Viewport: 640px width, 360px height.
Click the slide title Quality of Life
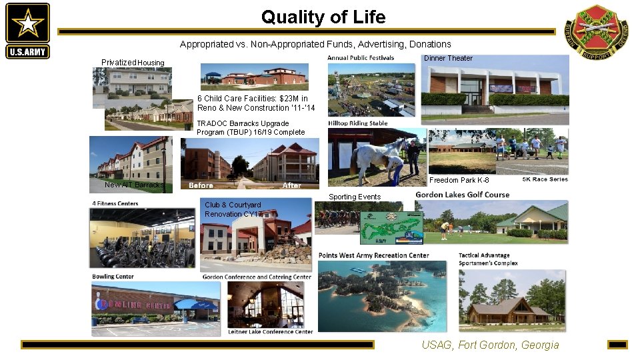323,17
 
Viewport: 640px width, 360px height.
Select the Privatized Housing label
133,63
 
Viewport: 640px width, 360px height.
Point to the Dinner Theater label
448,58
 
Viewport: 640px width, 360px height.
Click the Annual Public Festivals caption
361,58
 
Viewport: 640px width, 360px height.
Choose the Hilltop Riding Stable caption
358,123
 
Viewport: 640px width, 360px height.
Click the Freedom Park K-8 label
459,180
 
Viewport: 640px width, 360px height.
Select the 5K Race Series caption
545,179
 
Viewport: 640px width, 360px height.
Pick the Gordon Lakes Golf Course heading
462,195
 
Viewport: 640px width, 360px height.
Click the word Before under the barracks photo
201,185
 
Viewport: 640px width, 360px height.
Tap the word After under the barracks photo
292,185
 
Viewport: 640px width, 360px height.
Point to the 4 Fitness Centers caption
115,203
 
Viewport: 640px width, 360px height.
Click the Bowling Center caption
113,277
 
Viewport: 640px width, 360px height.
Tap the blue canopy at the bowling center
195,305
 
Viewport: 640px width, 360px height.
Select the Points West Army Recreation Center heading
373,255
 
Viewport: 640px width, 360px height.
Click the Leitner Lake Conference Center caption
270,331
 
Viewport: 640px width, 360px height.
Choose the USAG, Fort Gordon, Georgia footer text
490,345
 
